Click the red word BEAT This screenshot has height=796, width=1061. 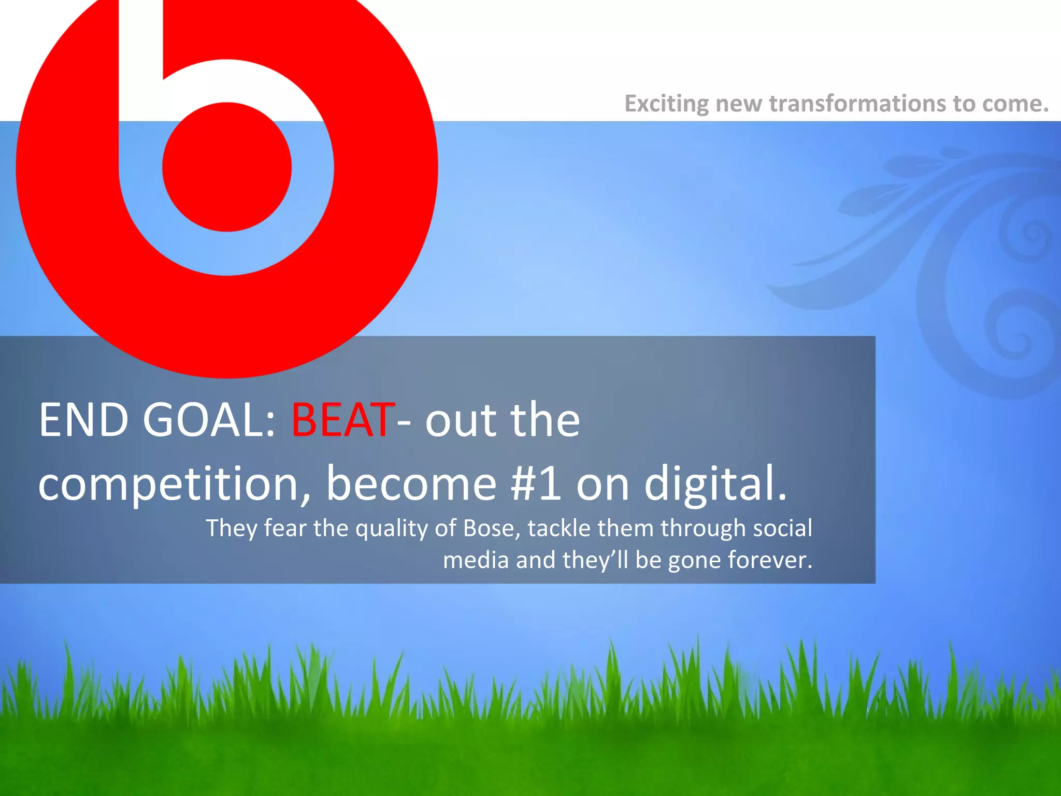pyautogui.click(x=342, y=420)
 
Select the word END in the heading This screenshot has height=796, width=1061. pyautogui.click(x=83, y=420)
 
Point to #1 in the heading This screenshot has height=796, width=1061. pyautogui.click(x=535, y=484)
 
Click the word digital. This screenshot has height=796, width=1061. pyautogui.click(x=715, y=484)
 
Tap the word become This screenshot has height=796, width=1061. pyautogui.click(x=411, y=484)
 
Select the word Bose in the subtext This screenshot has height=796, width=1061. pyautogui.click(x=492, y=528)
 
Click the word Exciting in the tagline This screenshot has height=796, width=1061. pyautogui.click(x=666, y=104)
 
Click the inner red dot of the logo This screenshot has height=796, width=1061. pyautogui.click(x=227, y=167)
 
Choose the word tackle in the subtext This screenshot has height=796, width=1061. pyautogui.click(x=559, y=528)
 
